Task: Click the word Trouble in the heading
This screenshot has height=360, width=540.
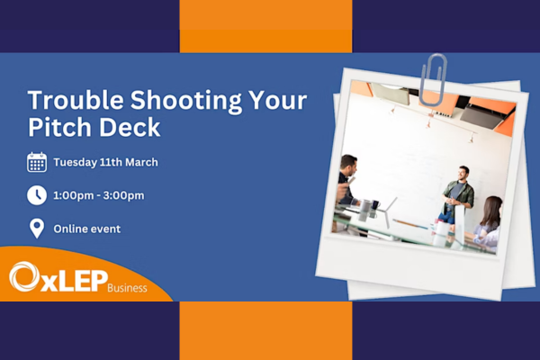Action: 76,100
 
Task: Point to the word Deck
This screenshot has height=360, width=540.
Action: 130,127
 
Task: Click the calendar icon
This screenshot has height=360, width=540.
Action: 37,162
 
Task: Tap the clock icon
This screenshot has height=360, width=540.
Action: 37,195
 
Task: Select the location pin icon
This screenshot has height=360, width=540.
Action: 37,229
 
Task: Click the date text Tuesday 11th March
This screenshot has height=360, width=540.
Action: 105,162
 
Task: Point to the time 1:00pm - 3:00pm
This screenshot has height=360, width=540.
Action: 99,195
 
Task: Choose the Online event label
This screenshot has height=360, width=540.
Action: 87,229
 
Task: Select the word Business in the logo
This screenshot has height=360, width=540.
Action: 127,288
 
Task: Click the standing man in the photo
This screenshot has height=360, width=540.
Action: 458,194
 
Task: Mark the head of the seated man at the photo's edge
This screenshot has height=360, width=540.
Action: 348,166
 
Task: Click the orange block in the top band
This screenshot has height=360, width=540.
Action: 265,26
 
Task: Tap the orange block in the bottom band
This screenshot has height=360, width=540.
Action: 265,330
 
